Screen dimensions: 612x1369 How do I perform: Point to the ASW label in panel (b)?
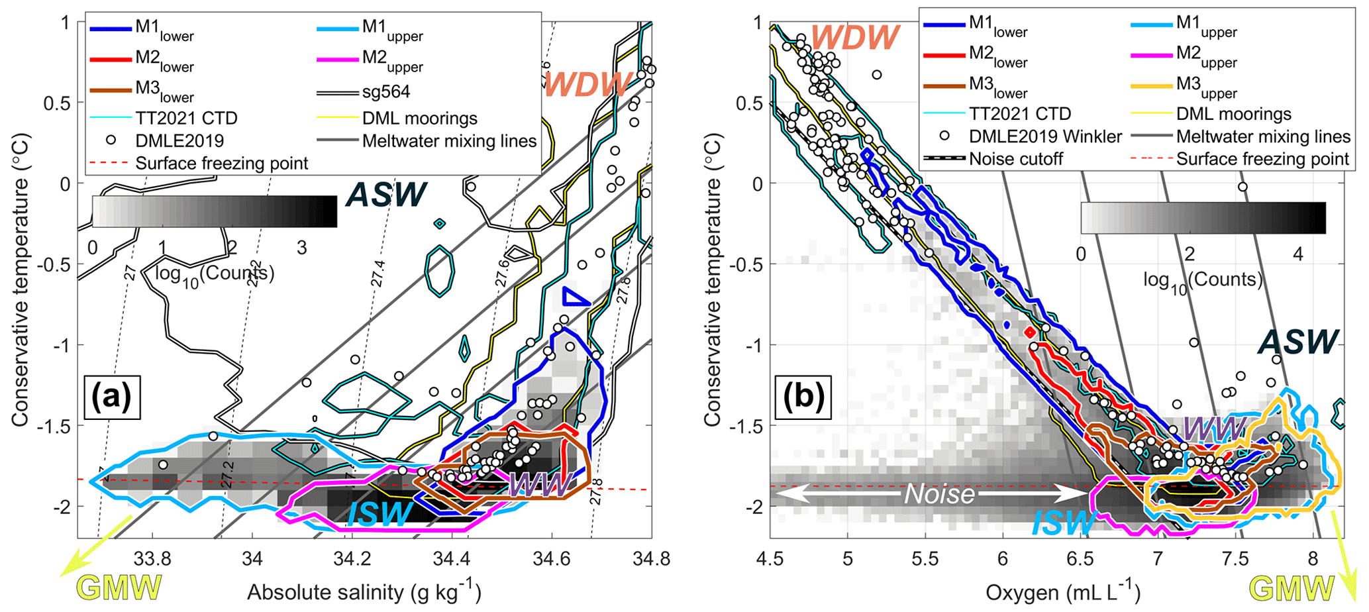pyautogui.click(x=1299, y=342)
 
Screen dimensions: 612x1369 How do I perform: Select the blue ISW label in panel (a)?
pyautogui.click(x=380, y=514)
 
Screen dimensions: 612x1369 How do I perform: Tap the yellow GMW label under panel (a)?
pyautogui.click(x=120, y=587)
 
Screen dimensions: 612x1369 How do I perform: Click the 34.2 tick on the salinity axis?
pyautogui.click(x=352, y=558)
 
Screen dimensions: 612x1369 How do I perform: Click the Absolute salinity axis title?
pyautogui.click(x=364, y=591)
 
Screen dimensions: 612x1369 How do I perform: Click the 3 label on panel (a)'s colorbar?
pyautogui.click(x=302, y=248)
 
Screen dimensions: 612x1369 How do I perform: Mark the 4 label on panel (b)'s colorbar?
pyautogui.click(x=1298, y=254)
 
